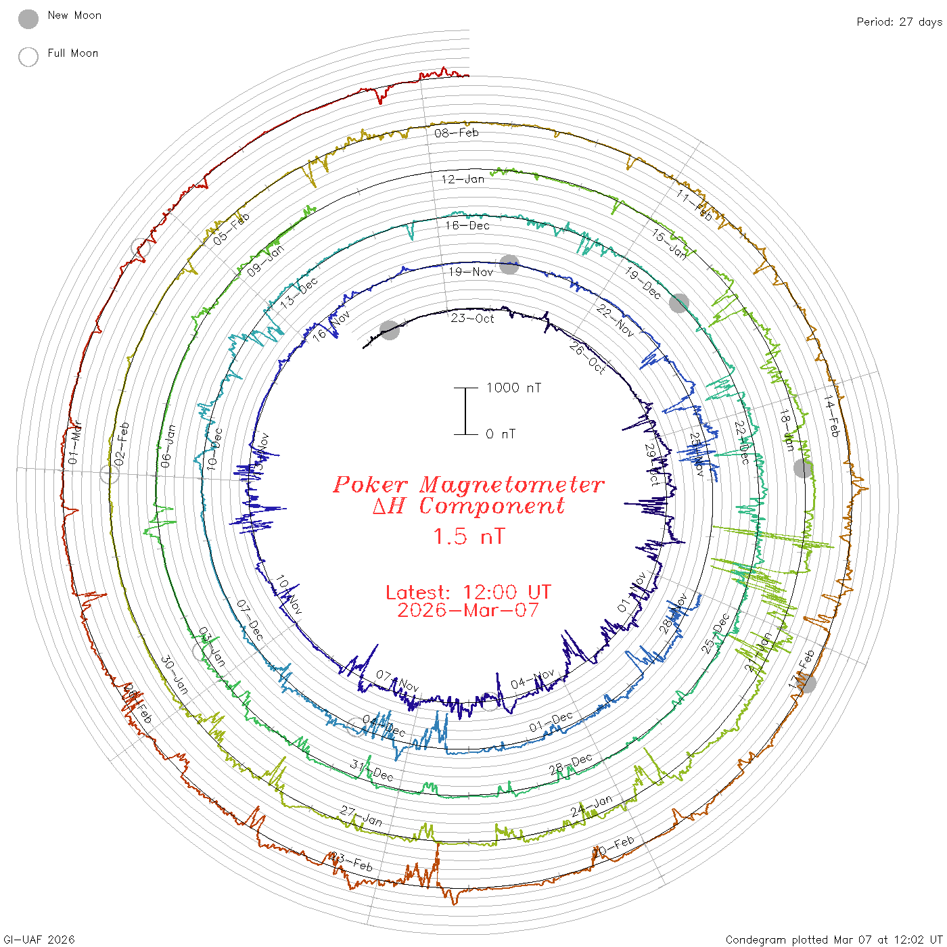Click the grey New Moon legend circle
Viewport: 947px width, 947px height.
(28, 19)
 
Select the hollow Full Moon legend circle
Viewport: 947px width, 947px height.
(28, 57)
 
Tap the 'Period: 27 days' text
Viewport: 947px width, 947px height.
(899, 22)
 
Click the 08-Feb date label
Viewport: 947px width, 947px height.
(457, 133)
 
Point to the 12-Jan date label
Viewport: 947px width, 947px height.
(463, 179)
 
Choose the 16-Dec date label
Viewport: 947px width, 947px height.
(467, 225)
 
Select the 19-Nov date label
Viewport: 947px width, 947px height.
(471, 272)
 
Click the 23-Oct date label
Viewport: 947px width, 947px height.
(473, 319)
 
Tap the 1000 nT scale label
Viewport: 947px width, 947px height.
(513, 388)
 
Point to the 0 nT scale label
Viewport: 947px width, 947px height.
(501, 434)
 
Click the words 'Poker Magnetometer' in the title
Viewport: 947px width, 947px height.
(468, 484)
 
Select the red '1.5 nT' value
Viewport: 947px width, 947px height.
(469, 536)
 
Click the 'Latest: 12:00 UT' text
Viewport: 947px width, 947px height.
(468, 593)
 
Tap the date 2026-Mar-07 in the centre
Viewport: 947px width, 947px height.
(468, 610)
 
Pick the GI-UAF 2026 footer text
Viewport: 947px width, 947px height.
(39, 940)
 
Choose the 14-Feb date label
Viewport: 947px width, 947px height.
(831, 417)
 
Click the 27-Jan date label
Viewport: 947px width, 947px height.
(361, 816)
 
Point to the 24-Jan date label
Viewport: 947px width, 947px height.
(591, 806)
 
